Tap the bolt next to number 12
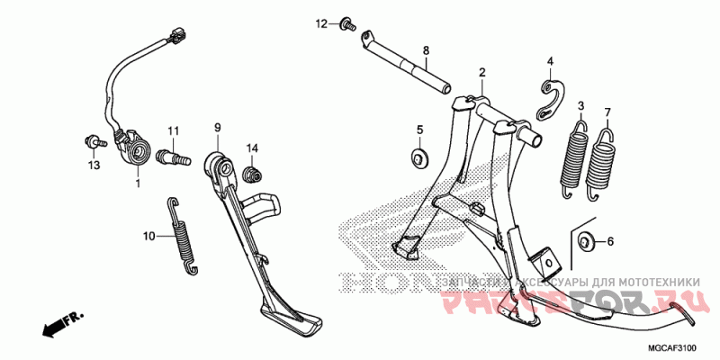[x=345, y=25]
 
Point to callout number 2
[x=481, y=73]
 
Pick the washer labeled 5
[x=419, y=160]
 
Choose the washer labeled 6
[x=585, y=240]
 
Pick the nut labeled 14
[x=255, y=172]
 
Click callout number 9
[x=218, y=129]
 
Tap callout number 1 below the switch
[x=138, y=184]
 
